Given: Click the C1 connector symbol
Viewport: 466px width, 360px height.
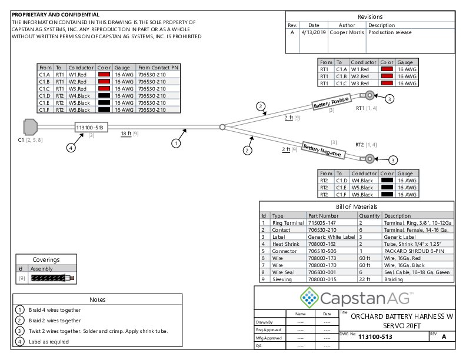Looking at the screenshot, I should [30, 127].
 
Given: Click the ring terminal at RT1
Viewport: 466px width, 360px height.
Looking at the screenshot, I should [369, 96].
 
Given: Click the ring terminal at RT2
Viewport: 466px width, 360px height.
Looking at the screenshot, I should [369, 158].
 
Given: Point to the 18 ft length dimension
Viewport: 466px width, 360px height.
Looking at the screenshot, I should [125, 134].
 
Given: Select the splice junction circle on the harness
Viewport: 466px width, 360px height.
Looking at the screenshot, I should [222, 126].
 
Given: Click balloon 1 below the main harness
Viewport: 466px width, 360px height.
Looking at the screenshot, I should [175, 142].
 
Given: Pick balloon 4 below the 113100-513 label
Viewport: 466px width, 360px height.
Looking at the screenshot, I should [71, 148].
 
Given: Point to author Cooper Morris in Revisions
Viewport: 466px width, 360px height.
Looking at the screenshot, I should [346, 32].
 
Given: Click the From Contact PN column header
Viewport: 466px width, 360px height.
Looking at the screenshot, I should [158, 68].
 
